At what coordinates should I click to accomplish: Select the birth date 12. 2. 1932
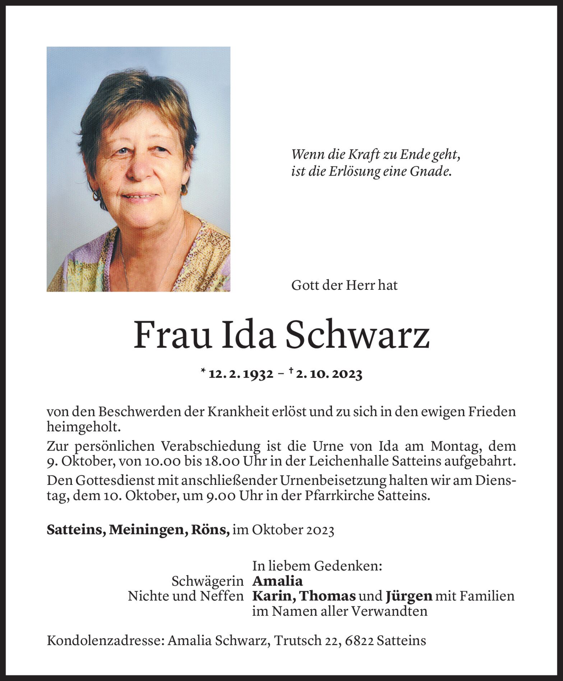pos(240,374)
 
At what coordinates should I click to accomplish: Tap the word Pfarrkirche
pos(339,496)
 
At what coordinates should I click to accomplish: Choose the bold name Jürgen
pos(409,596)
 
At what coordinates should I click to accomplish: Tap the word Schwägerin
pos(207,581)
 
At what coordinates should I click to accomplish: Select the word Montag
pos(457,446)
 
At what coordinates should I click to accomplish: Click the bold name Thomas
pos(327,596)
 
